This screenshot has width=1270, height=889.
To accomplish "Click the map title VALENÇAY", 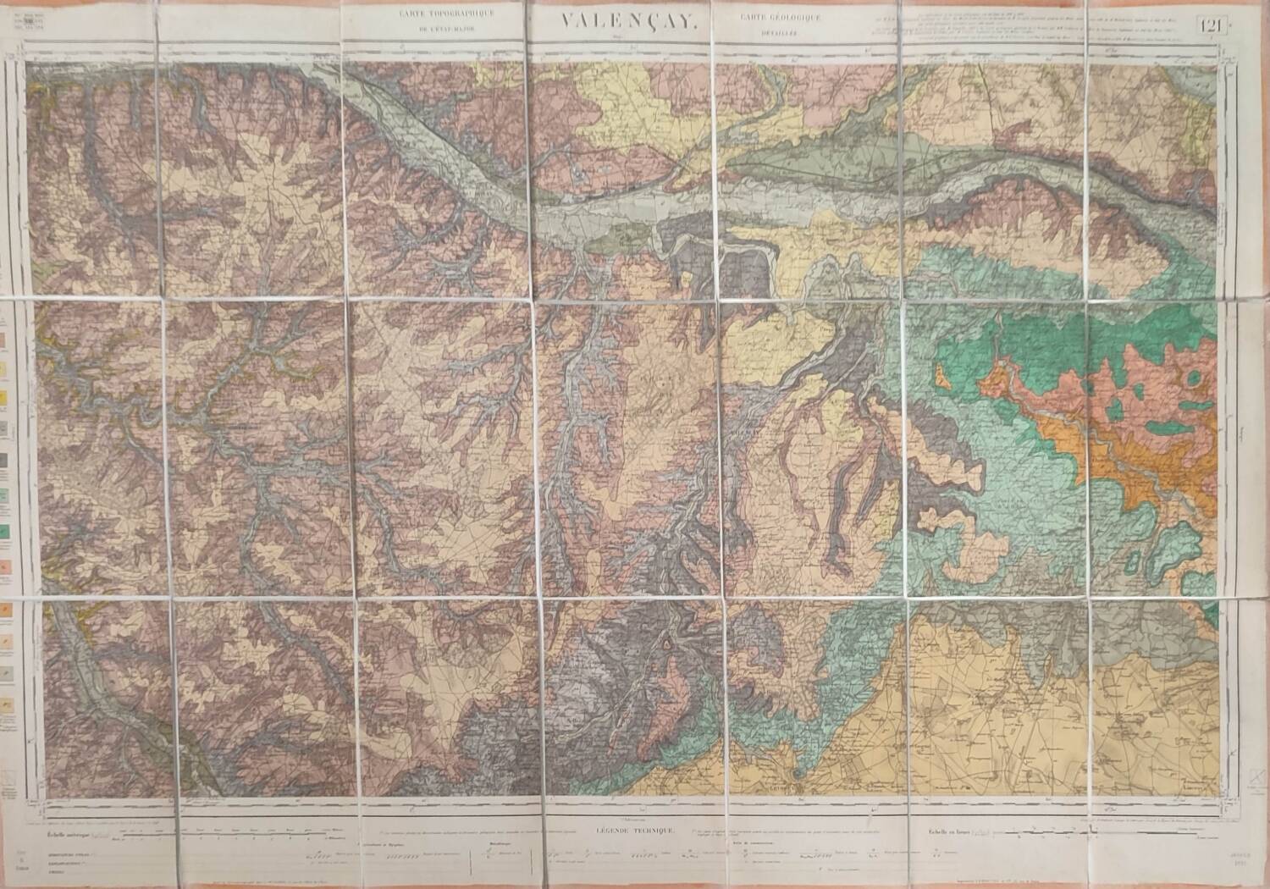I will pyautogui.click(x=627, y=26).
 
